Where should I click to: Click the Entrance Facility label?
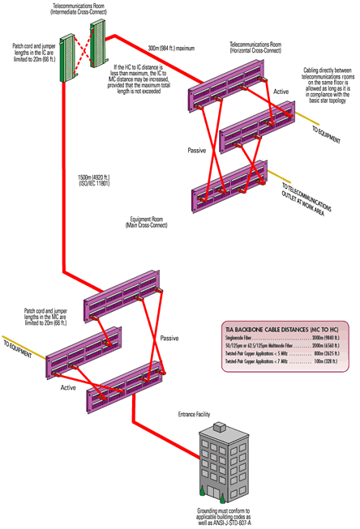(x=195, y=414)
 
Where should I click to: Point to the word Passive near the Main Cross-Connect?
(x=169, y=337)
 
